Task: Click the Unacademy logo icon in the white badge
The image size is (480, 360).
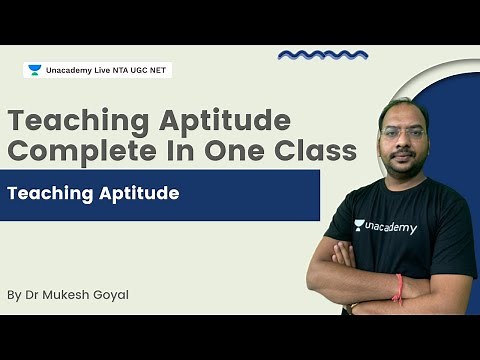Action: [x=34, y=70]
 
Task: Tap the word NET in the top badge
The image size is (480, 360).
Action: [x=158, y=70]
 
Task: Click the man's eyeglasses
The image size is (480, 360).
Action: [x=404, y=132]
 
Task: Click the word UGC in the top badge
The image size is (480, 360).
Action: [x=136, y=70]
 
